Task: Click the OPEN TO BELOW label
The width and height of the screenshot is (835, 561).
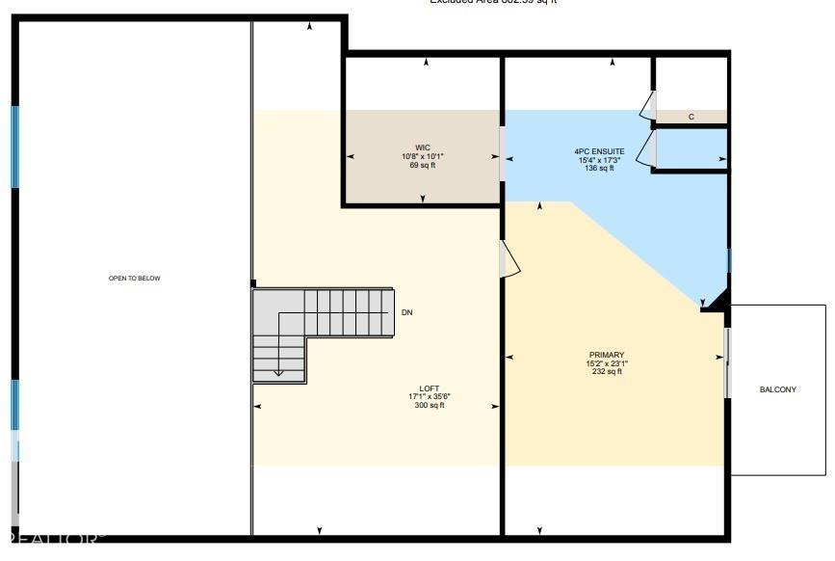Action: [134, 279]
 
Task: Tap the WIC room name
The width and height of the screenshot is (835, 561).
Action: [422, 147]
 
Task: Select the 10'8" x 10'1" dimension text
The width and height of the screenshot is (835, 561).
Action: [422, 156]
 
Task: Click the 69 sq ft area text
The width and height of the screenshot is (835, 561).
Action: [422, 165]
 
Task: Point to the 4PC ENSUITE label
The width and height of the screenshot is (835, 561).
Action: [599, 151]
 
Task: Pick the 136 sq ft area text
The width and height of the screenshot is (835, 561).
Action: [599, 169]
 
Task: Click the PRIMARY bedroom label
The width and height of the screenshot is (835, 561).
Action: [606, 355]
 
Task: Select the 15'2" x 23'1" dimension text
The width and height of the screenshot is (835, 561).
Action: [606, 363]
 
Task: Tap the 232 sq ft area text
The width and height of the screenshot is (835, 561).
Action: [606, 372]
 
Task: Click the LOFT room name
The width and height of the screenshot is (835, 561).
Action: [430, 387]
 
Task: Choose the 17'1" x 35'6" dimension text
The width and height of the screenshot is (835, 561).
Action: [430, 396]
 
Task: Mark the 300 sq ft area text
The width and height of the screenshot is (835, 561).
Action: [430, 405]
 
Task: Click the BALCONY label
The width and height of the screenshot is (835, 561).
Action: [777, 389]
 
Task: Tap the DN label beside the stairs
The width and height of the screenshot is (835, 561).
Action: [407, 313]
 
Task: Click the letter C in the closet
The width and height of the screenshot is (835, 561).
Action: [691, 117]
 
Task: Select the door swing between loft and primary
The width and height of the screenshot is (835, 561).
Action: [509, 259]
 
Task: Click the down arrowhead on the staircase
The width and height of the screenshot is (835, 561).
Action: [278, 372]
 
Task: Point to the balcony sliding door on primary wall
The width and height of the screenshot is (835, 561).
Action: [727, 362]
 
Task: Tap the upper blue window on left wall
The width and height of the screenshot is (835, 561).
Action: [14, 147]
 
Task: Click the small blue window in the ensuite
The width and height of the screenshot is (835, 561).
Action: [729, 260]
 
